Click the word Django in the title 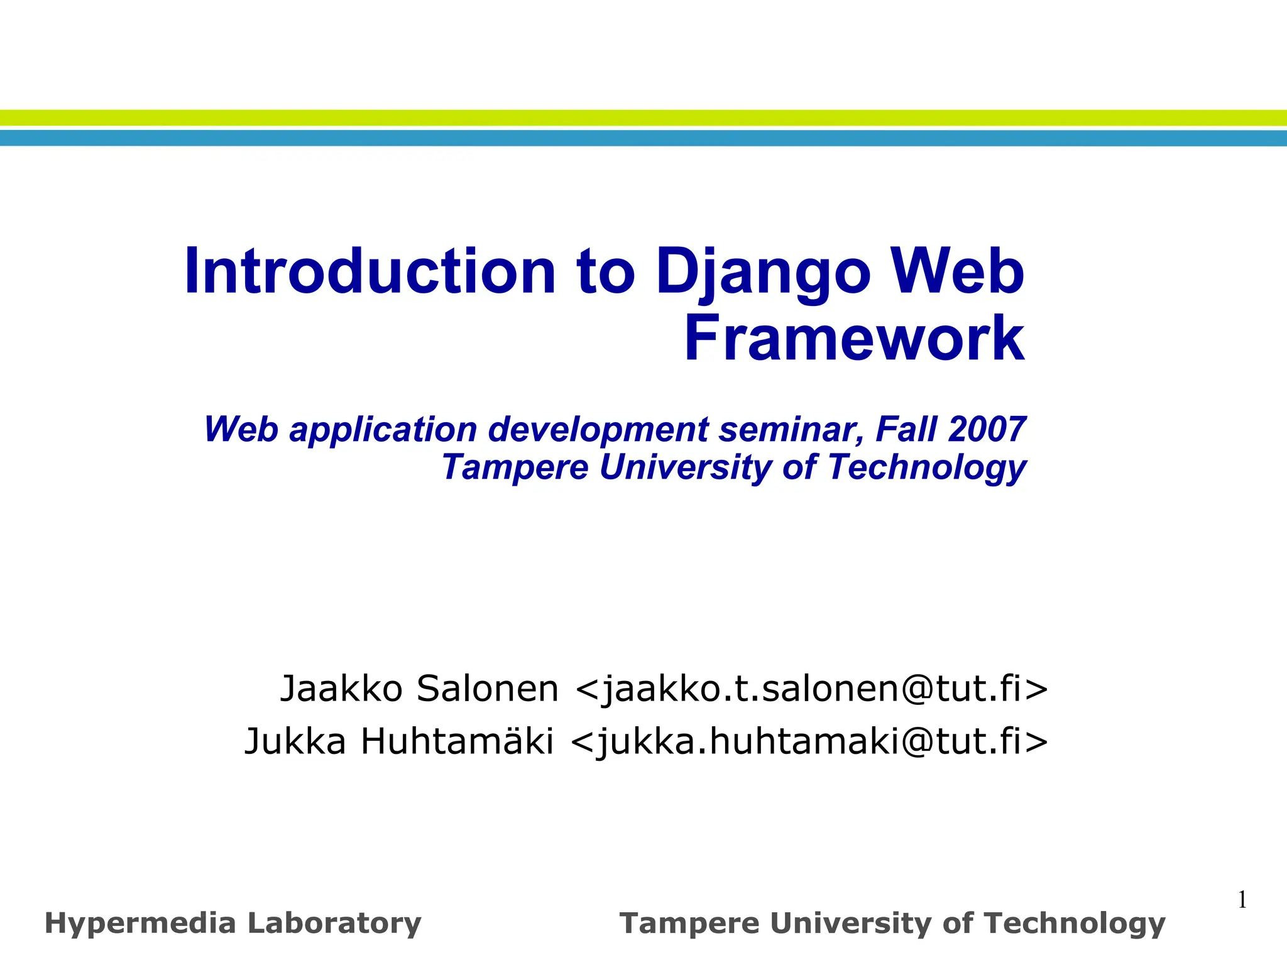point(763,271)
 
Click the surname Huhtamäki point(457,741)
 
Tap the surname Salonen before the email point(487,689)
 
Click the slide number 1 point(1242,900)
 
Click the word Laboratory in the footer point(334,924)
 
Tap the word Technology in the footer point(1074,924)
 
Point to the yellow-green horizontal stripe point(643,117)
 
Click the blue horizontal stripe point(643,138)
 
